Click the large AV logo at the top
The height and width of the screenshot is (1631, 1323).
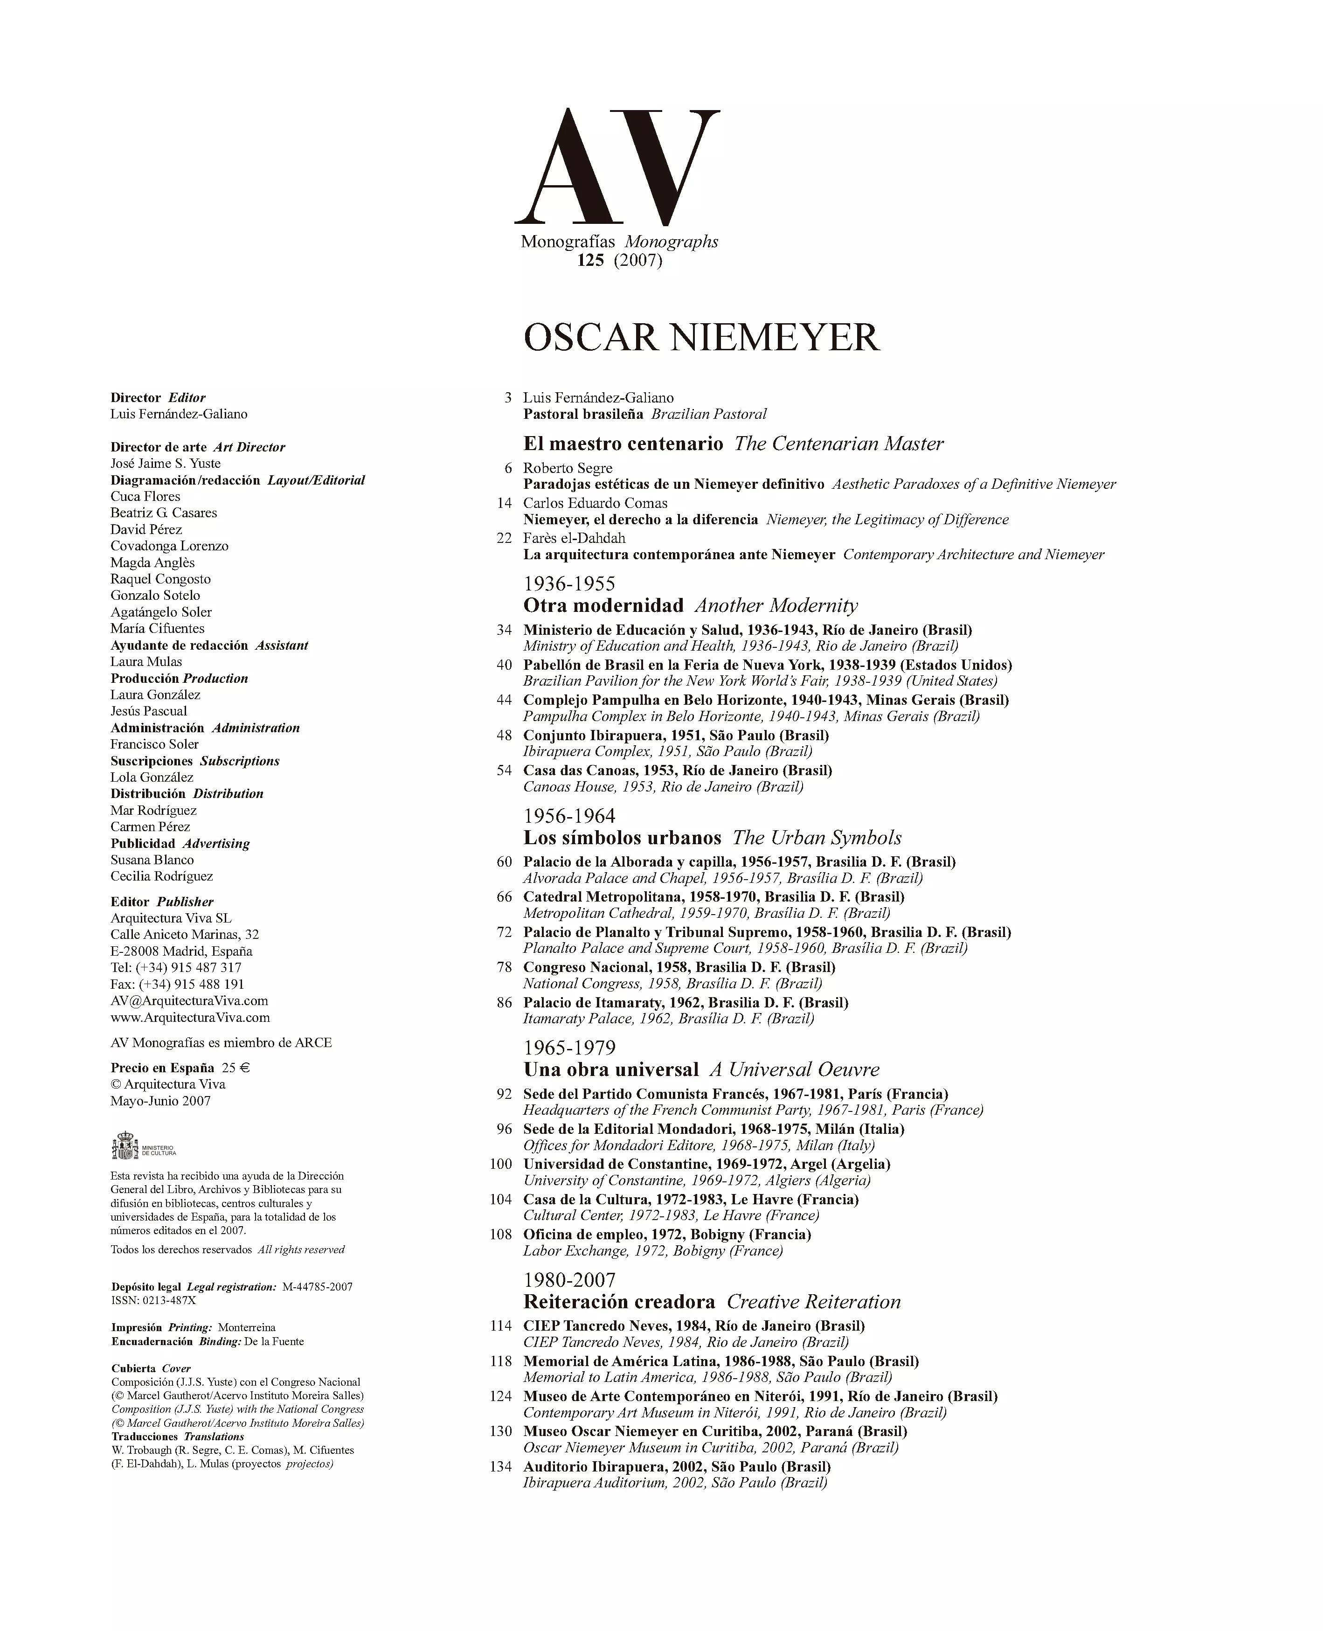pos(617,166)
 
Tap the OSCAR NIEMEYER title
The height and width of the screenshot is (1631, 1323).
pos(701,338)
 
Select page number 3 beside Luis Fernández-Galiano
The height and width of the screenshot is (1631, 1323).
pos(507,398)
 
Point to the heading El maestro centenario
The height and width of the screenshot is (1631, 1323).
pos(623,444)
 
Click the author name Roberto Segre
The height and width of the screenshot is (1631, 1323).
pos(567,468)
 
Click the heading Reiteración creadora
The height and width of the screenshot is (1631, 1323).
pos(619,1302)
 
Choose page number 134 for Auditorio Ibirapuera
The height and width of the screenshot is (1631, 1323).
pos(501,1466)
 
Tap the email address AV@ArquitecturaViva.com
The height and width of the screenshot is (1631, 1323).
pos(189,1001)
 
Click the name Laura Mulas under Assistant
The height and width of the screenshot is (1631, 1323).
pos(146,661)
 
